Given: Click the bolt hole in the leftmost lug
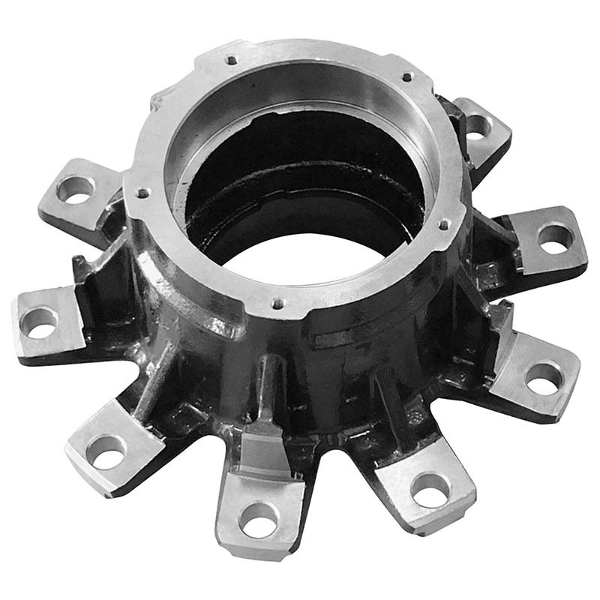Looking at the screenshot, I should (x=39, y=322).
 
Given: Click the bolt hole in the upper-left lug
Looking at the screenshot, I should (x=75, y=188).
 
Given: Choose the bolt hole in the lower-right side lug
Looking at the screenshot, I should (x=543, y=377).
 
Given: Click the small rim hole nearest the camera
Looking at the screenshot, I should (x=277, y=304).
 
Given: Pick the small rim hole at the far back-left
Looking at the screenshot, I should (x=232, y=59).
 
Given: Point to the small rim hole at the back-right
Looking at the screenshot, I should (x=407, y=76).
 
